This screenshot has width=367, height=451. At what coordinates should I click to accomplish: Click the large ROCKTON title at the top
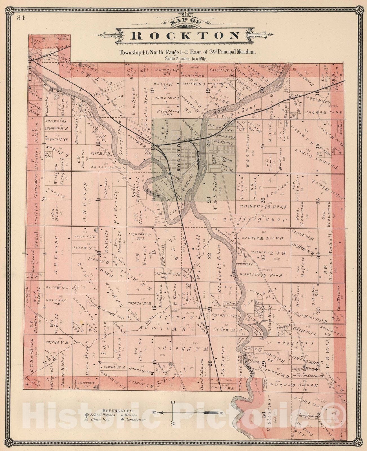186,36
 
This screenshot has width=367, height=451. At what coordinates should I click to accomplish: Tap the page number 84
21,18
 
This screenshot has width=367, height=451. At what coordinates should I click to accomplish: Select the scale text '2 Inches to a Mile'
186,59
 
